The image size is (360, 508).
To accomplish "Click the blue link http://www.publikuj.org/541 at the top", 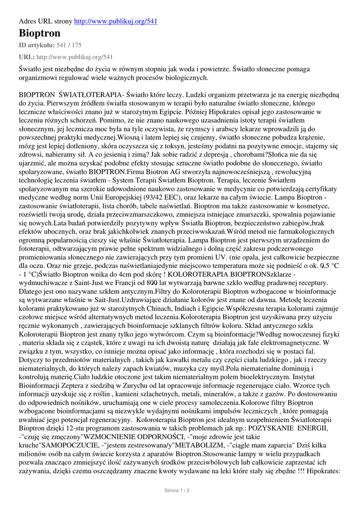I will pos(116,21).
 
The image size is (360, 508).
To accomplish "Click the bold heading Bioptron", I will pos(40,34).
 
